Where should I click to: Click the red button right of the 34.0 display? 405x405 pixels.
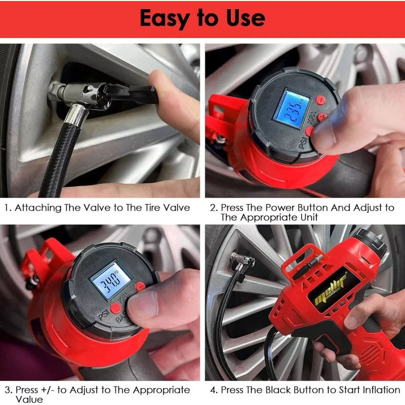[140, 286]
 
